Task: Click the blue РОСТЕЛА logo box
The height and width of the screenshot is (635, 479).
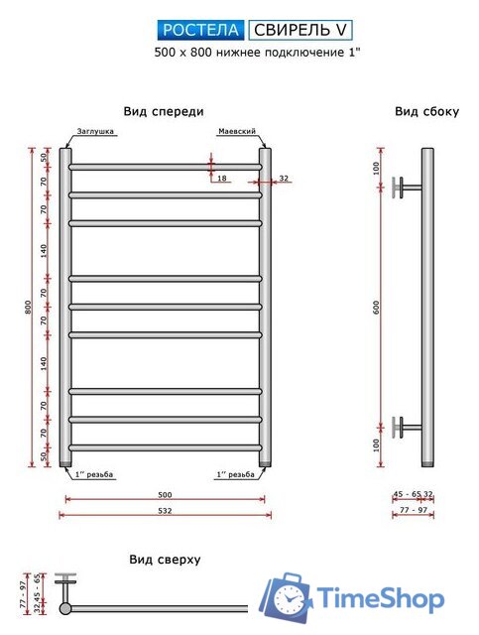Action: coord(201,30)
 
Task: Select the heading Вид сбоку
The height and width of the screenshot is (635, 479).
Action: coord(426,112)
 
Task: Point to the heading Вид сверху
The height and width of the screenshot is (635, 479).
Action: coord(165,560)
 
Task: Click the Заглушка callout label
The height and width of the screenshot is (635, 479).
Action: coord(95,131)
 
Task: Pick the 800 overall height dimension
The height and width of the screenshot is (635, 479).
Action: coord(30,308)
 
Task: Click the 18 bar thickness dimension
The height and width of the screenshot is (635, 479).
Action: coord(221,179)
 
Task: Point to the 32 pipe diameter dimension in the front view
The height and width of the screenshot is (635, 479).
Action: coord(284,179)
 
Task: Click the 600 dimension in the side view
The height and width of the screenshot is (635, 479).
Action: coord(377,308)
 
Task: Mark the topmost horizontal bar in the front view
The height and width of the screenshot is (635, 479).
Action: coord(165,166)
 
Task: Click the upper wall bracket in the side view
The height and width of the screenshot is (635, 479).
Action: coord(407,187)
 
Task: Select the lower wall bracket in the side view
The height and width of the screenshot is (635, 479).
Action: coord(407,428)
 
